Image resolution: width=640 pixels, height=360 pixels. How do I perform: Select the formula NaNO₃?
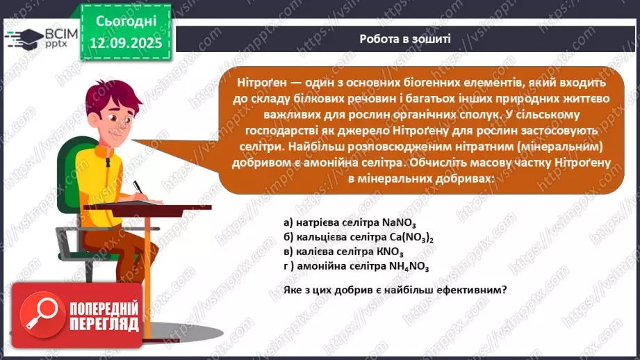pos(400,223)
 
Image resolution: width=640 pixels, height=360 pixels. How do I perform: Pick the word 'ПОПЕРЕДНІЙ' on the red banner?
pos(102,308)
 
